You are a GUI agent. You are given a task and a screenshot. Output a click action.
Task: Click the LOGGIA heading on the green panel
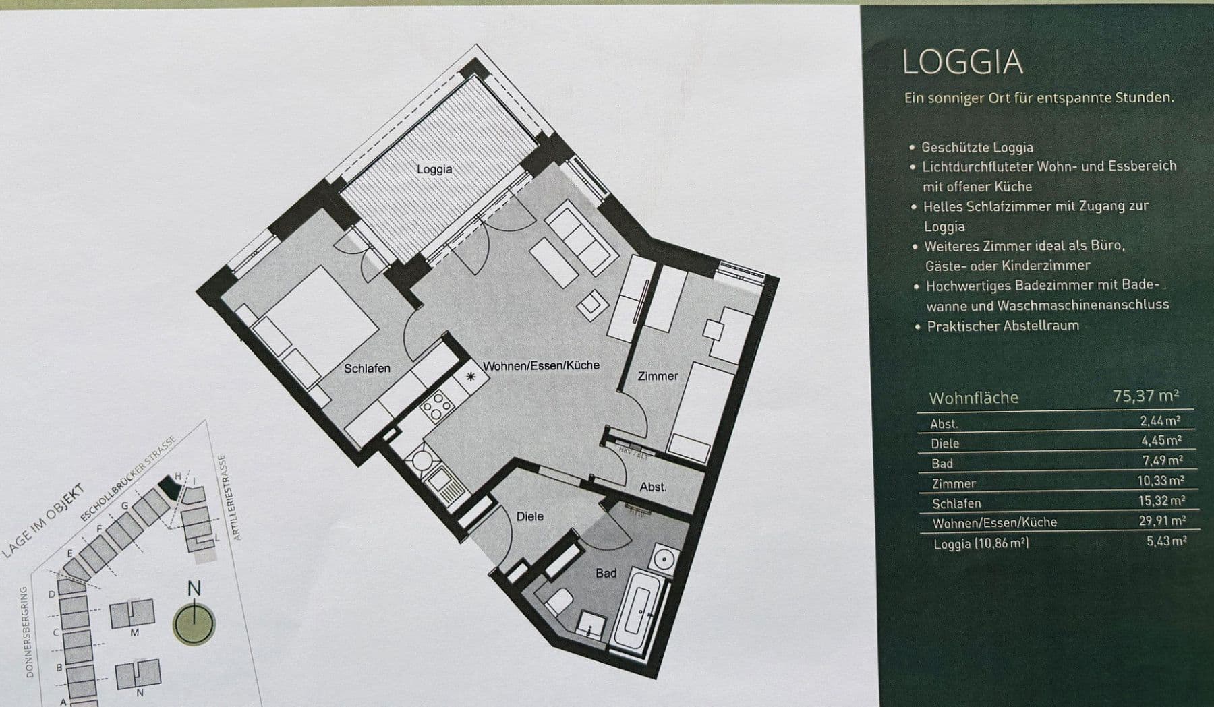coord(962,62)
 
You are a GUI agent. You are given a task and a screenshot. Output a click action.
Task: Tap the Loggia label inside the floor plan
coord(434,169)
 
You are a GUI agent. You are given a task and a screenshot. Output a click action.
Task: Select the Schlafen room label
coord(367,369)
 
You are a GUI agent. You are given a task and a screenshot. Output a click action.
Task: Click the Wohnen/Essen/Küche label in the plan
coord(541,365)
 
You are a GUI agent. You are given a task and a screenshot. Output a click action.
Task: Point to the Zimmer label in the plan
coord(658,376)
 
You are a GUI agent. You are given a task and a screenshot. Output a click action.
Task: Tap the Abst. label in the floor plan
coord(652,487)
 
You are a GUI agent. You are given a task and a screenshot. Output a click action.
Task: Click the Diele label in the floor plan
coord(529,516)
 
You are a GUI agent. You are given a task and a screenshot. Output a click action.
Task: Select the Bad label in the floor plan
coord(606,573)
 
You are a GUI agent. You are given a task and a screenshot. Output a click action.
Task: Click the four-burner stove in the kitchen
coord(436,404)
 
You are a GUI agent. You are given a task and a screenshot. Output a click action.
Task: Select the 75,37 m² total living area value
coord(1146,396)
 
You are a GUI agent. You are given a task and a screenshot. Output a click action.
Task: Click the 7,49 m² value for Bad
coord(1162,460)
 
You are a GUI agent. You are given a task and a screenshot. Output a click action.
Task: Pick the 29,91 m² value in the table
coord(1161,520)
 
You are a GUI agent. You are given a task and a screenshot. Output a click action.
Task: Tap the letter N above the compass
coord(194,588)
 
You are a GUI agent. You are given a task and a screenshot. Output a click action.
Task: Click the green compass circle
coord(194,624)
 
